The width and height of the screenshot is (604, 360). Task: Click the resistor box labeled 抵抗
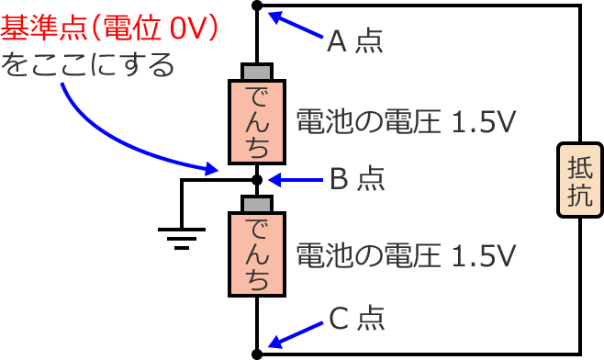580,181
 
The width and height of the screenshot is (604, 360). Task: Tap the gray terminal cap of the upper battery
257,72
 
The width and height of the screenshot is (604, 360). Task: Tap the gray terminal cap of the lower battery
257,203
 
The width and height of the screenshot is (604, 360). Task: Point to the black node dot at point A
257,6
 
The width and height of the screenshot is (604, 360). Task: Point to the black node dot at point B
257,180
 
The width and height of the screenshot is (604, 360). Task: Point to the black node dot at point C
257,353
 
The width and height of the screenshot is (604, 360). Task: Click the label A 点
354,41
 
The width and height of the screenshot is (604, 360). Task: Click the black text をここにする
87,66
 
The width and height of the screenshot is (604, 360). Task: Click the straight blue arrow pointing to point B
294,180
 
